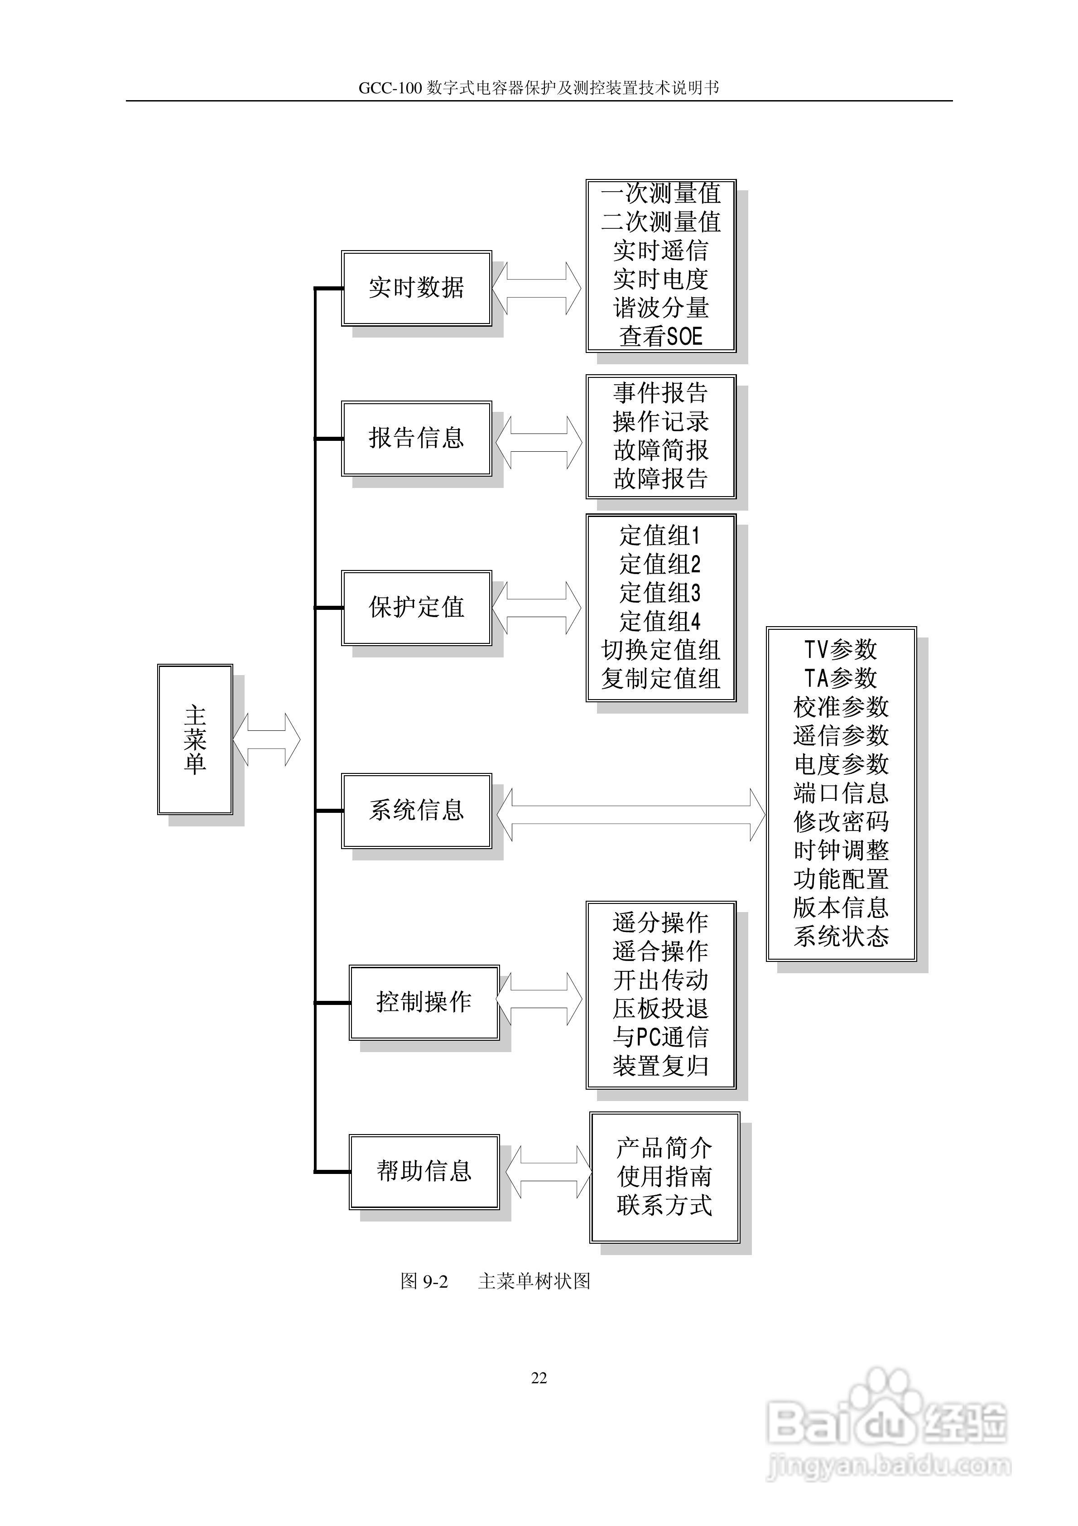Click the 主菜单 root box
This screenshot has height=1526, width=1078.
195,739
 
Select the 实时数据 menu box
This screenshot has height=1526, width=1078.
416,288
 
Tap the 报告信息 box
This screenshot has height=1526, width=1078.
416,438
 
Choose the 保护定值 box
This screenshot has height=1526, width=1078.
416,608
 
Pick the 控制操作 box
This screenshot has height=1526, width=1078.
424,1002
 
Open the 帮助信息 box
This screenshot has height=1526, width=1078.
424,1171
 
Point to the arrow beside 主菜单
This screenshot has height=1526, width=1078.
266,739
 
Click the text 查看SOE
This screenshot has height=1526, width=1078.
661,336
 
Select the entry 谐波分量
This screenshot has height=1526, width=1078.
661,308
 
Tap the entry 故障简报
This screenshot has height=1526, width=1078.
661,450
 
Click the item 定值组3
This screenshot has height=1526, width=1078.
660,593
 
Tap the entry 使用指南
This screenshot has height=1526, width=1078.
664,1177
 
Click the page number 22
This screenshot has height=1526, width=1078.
539,1378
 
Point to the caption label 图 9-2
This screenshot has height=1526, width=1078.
424,1281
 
